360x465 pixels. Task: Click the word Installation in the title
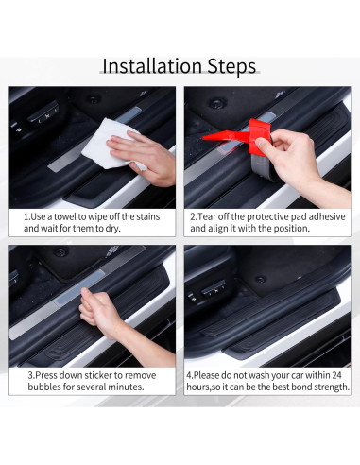[151, 66]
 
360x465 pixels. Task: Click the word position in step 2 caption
[293, 229]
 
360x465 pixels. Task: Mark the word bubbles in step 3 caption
[42, 387]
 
